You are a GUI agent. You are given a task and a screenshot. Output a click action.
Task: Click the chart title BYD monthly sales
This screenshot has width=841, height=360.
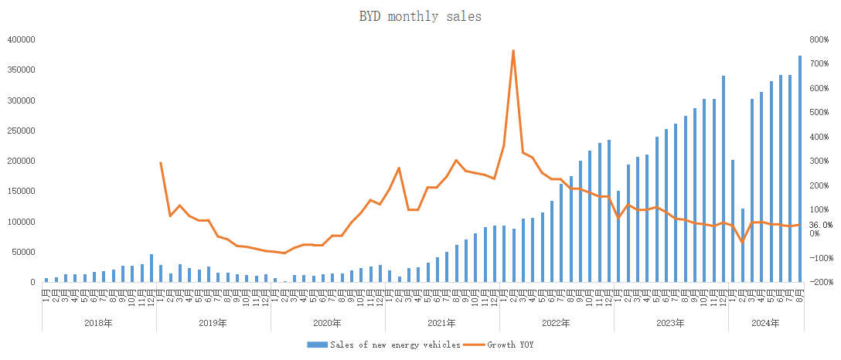[420, 16]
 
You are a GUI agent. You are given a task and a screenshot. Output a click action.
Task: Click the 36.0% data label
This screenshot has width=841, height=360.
[821, 224]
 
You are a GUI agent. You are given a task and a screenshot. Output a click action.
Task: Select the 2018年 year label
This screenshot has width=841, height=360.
[99, 324]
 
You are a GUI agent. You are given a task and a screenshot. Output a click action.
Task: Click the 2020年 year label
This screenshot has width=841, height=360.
[328, 324]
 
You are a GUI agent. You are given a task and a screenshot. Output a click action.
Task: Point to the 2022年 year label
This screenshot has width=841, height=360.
[557, 324]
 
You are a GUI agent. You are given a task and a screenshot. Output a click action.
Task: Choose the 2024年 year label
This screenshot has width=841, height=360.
[766, 324]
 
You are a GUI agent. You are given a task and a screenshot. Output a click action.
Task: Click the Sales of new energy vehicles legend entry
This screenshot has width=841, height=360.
[394, 345]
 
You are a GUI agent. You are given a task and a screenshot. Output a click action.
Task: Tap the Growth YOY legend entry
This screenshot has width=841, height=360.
[509, 345]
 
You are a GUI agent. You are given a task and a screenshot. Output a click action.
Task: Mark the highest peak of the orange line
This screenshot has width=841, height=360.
[513, 51]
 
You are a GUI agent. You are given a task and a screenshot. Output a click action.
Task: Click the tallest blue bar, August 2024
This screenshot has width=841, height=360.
[800, 168]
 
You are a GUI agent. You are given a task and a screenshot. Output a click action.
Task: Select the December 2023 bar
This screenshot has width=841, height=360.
[724, 178]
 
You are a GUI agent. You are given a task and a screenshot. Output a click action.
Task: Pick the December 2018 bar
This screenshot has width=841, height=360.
[152, 268]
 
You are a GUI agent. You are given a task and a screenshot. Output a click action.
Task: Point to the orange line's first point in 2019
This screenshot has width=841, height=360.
[160, 162]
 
